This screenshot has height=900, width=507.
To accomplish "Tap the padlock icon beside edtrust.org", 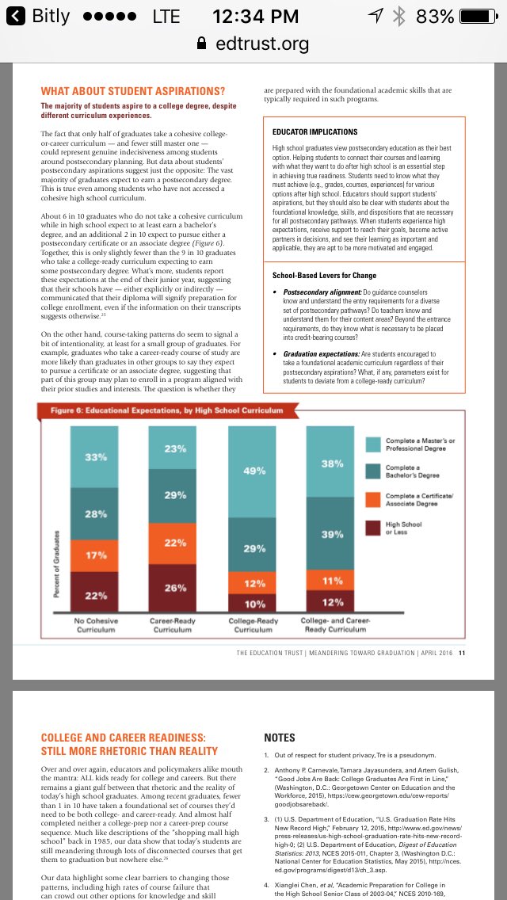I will click(x=201, y=44).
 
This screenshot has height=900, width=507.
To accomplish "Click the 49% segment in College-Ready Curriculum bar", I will click(x=253, y=471).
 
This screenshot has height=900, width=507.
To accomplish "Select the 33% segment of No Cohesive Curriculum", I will click(x=95, y=456).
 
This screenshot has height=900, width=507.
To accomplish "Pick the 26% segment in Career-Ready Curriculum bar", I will click(x=173, y=588).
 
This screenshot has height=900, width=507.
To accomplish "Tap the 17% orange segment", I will click(x=95, y=555).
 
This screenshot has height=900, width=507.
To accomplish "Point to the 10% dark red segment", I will click(x=253, y=604).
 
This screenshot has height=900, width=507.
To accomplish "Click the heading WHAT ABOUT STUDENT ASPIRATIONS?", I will click(x=133, y=91).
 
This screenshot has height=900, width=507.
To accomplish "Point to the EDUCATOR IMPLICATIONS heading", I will click(x=314, y=132).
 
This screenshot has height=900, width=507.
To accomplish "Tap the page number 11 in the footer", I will click(x=462, y=654).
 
